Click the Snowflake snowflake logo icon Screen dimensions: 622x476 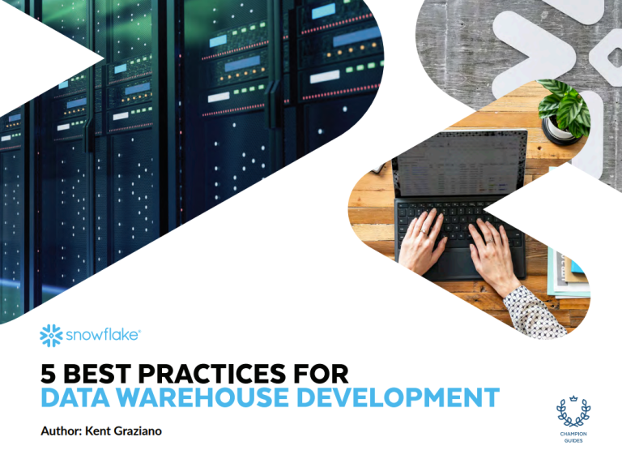[x=51, y=336]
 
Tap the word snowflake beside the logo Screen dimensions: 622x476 [x=102, y=335]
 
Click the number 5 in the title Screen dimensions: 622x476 [x=49, y=374]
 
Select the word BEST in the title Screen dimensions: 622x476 [x=97, y=374]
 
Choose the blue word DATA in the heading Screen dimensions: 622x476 [x=75, y=397]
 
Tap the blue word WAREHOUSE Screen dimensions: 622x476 [x=202, y=397]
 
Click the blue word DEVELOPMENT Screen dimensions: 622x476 [x=398, y=397]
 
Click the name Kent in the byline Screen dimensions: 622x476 [x=98, y=431]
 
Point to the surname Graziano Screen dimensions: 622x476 [x=138, y=431]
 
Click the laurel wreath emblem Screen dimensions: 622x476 [x=573, y=414]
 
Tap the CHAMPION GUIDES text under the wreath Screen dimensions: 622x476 [x=573, y=437]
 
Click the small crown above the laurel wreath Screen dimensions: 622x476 [x=573, y=398]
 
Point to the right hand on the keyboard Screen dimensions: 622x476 [x=492, y=255]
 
